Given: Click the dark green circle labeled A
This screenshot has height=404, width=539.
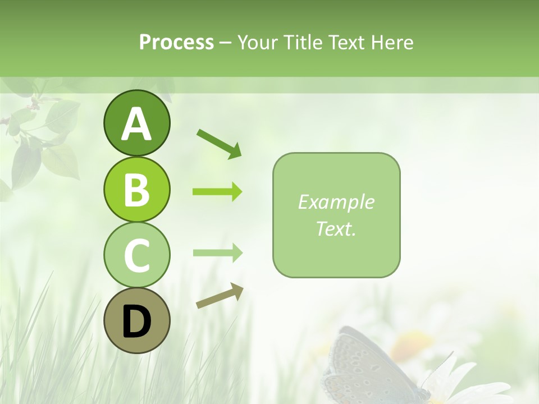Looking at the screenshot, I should click(x=136, y=123).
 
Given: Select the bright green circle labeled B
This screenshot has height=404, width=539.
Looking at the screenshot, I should click(x=136, y=189).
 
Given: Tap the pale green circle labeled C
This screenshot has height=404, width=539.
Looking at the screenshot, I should click(x=136, y=255).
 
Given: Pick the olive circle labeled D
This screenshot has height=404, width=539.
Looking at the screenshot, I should click(x=136, y=320).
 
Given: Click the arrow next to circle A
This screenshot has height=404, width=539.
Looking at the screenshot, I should click(x=219, y=144).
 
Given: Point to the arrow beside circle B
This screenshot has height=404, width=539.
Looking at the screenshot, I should click(x=217, y=192).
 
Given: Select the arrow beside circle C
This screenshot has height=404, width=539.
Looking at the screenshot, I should click(x=217, y=253).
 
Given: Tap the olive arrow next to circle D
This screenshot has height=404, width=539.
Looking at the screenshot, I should click(x=220, y=296).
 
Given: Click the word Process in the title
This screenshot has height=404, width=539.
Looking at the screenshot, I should click(x=176, y=43).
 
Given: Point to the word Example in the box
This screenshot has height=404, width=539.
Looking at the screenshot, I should click(x=336, y=202).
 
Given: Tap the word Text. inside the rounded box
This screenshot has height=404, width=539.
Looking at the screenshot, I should click(x=336, y=228).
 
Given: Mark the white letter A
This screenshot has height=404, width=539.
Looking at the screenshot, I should click(x=136, y=124).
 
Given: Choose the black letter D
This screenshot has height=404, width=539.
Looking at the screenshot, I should click(x=136, y=322).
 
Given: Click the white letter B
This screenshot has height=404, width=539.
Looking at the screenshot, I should click(x=136, y=190).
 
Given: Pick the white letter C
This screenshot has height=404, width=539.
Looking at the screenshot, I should click(x=136, y=255).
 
